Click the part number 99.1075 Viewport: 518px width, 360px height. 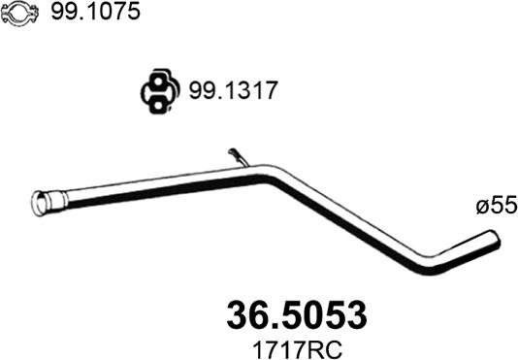(x=95, y=13)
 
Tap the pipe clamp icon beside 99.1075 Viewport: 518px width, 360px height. (x=19, y=14)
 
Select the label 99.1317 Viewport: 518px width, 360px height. (x=233, y=90)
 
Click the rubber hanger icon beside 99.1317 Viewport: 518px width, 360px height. (x=161, y=91)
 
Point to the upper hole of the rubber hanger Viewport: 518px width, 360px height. (x=158, y=82)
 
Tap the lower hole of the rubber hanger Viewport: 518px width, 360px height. (x=158, y=105)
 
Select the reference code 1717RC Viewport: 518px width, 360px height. (x=298, y=348)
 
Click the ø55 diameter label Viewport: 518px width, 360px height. (x=497, y=206)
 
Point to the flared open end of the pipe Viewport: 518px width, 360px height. (x=41, y=204)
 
